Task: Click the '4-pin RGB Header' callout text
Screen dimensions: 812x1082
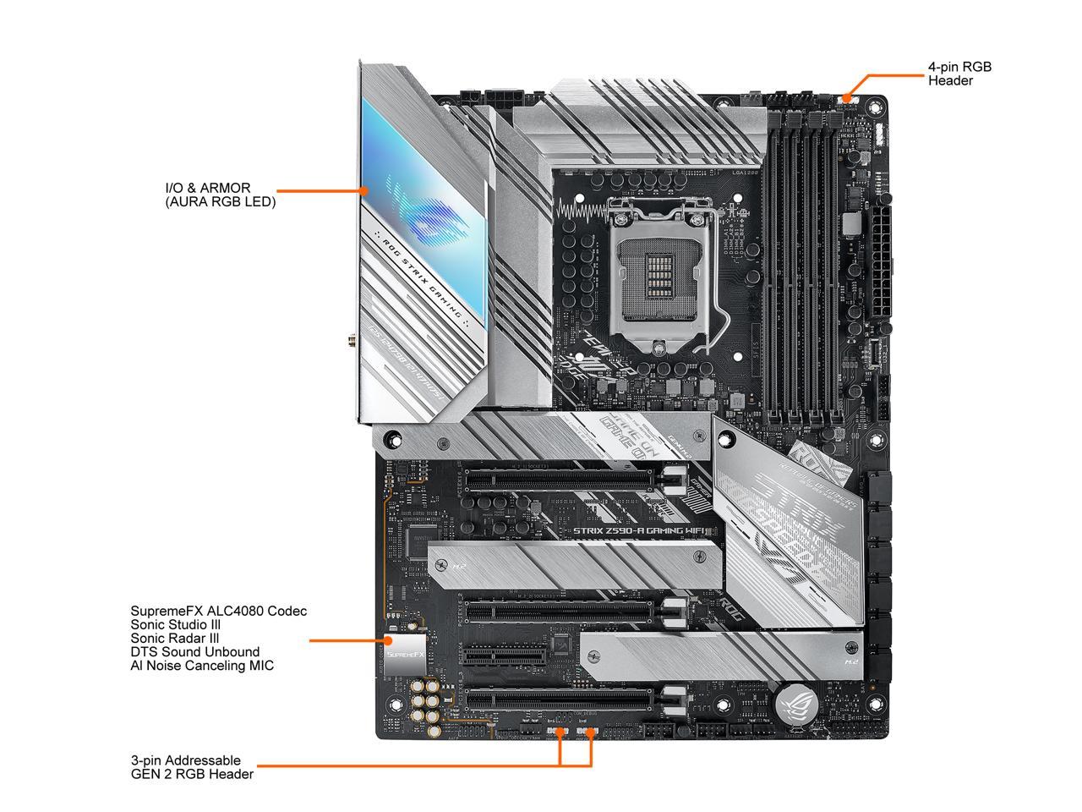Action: [959, 74]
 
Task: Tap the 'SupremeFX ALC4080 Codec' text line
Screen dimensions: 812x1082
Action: [218, 611]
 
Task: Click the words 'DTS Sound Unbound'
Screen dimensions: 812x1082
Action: [194, 652]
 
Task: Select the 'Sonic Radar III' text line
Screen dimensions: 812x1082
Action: [175, 639]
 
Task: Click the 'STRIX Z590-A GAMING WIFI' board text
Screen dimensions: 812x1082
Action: [638, 531]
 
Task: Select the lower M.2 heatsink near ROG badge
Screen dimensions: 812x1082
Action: [719, 656]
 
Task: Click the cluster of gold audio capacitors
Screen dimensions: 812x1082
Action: [427, 702]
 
